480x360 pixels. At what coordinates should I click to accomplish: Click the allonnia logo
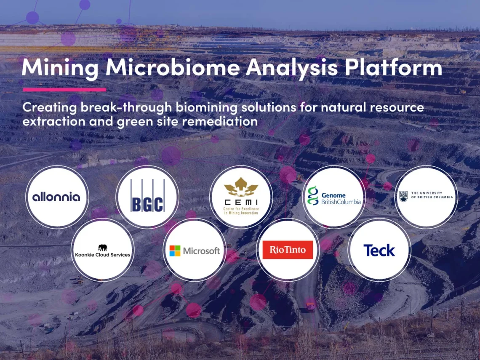(56, 197)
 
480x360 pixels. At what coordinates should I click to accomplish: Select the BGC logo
(147, 196)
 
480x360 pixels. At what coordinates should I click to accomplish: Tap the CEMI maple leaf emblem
(241, 187)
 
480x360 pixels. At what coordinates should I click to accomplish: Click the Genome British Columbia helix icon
(313, 196)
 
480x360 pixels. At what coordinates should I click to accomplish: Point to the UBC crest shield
(403, 196)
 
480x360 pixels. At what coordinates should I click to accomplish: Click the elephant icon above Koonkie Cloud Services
(103, 248)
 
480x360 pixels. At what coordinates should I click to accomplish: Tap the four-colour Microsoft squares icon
(175, 251)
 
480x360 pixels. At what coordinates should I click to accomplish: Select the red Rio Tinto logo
(288, 250)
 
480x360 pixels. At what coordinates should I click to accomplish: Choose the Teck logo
(379, 251)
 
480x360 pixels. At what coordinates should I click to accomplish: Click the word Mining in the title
(60, 68)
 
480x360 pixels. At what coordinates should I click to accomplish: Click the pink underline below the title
(64, 90)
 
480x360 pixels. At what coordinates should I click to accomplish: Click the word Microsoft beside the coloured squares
(201, 251)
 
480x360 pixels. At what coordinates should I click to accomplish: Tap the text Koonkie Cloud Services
(103, 255)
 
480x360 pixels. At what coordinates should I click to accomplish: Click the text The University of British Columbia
(432, 195)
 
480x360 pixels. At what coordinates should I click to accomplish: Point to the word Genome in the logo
(333, 195)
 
